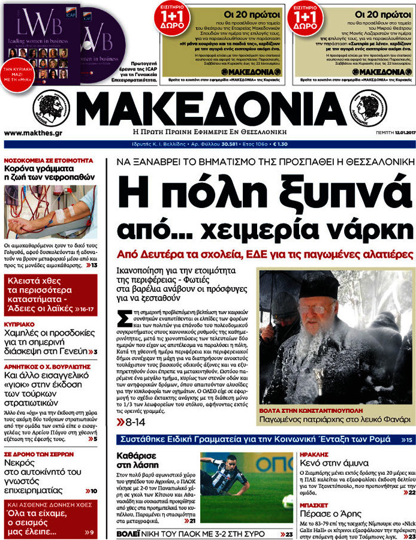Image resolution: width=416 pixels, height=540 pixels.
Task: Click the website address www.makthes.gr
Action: pyautogui.click(x=33, y=132)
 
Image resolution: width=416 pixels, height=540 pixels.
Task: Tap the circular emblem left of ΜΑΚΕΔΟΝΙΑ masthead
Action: pyautogui.click(x=52, y=108)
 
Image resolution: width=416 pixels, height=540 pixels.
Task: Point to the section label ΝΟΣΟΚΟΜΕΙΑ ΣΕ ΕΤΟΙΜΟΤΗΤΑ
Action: pyautogui.click(x=49, y=161)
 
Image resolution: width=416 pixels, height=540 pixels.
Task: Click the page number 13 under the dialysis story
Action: pyautogui.click(x=95, y=264)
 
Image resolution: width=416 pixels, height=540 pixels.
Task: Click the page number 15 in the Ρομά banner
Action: pyautogui.click(x=408, y=441)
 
